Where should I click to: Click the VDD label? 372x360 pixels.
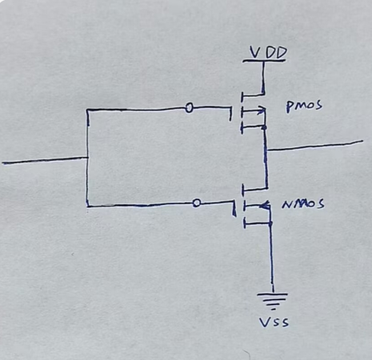[x=268, y=53]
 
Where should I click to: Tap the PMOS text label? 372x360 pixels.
[x=304, y=106]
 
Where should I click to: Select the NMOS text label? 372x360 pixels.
[x=303, y=204]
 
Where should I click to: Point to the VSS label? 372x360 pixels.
[x=274, y=322]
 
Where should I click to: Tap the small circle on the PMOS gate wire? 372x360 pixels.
[x=189, y=108]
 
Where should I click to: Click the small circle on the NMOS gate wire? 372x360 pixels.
[x=196, y=203]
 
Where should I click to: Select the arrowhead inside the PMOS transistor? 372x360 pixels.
[x=262, y=110]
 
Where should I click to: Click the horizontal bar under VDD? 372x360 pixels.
[x=264, y=61]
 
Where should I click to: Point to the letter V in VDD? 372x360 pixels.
[x=254, y=53]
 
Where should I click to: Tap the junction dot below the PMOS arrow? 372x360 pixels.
[x=265, y=128]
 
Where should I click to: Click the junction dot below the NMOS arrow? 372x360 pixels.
[x=270, y=223]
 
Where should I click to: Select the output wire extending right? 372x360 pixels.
[x=314, y=146]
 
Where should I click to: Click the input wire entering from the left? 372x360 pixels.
[x=45, y=160]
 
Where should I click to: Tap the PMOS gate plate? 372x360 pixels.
[x=231, y=114]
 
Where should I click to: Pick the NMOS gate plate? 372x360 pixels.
[x=234, y=209]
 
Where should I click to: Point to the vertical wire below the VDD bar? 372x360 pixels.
[x=263, y=78]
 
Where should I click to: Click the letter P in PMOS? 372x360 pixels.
[x=289, y=107]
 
